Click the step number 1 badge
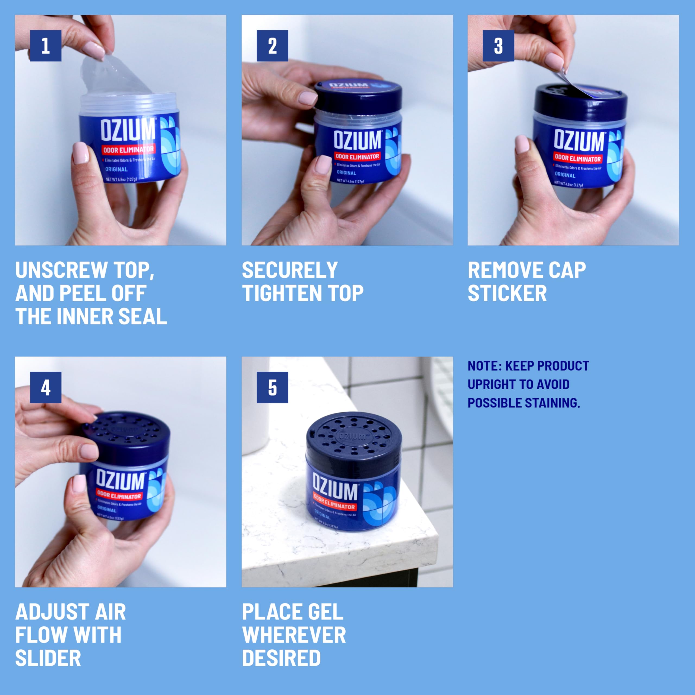pyautogui.click(x=46, y=46)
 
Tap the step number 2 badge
pyautogui.click(x=272, y=46)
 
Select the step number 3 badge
pyautogui.click(x=498, y=46)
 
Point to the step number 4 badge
pyautogui.click(x=46, y=387)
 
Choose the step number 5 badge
pyautogui.click(x=272, y=387)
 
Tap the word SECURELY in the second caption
pyautogui.click(x=290, y=270)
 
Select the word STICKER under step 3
pyautogui.click(x=507, y=293)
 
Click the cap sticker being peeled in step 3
pyautogui.click(x=576, y=86)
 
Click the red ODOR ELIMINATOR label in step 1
pyautogui.click(x=128, y=150)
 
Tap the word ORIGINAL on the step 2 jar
pyautogui.click(x=346, y=173)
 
